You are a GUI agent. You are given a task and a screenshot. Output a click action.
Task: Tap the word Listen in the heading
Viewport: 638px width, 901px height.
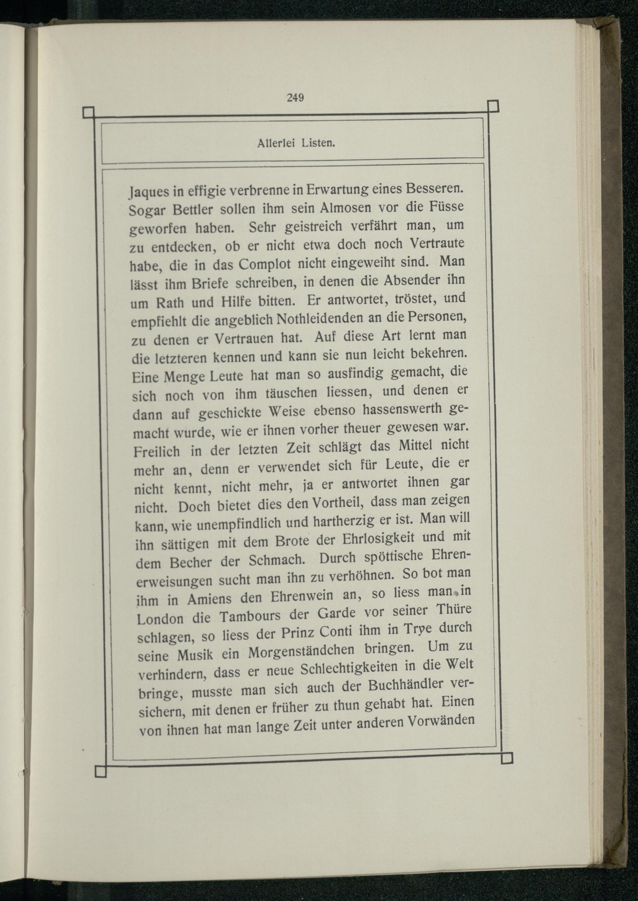point(318,144)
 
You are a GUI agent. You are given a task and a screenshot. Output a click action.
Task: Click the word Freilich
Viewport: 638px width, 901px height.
point(156,451)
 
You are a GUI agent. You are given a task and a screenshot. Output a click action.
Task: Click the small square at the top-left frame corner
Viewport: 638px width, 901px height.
point(89,113)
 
